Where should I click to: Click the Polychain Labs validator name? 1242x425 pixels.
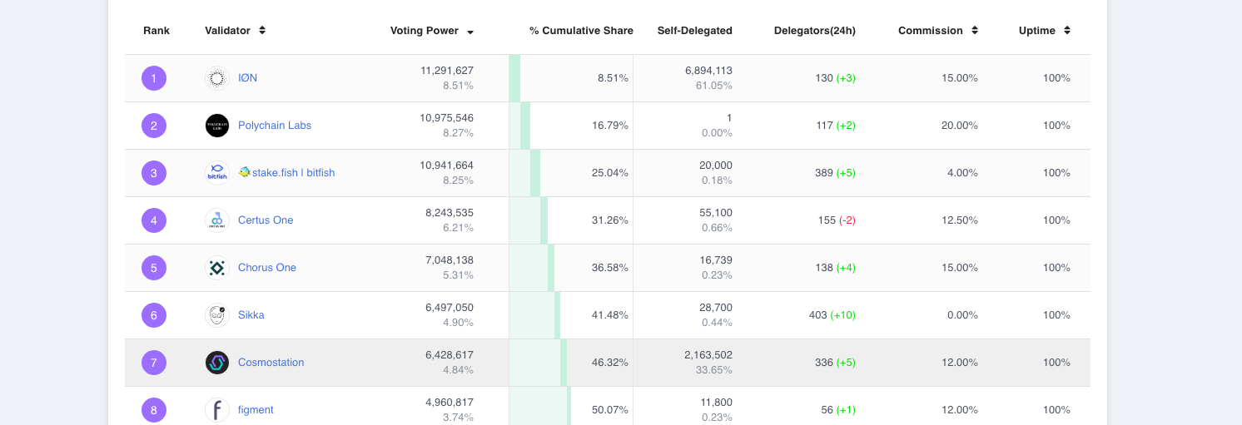[x=274, y=126]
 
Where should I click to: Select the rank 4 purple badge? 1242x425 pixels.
[x=154, y=220]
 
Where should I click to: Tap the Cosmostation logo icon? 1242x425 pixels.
[x=216, y=363]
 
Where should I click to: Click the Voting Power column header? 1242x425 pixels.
[x=424, y=31]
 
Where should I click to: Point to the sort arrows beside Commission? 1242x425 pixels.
[x=975, y=31]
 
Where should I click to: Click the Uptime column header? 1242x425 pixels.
[x=1036, y=31]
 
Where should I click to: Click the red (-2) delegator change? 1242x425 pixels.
[x=847, y=220]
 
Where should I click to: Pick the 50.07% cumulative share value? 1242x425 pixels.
[x=610, y=410]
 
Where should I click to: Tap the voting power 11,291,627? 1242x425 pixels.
[x=447, y=71]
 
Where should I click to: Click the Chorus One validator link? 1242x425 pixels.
[x=266, y=268]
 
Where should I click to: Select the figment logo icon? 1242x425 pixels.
[x=216, y=410]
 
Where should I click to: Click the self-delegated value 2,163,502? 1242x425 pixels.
[x=708, y=355]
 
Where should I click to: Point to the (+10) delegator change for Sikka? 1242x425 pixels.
[x=842, y=315]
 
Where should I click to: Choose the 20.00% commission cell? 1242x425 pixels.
[x=959, y=126]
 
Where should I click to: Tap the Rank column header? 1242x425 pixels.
[x=156, y=31]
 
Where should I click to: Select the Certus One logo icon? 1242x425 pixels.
[x=216, y=220]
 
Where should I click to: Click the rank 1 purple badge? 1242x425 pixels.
[x=154, y=78]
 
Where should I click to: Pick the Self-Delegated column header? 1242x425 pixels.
[x=694, y=31]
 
